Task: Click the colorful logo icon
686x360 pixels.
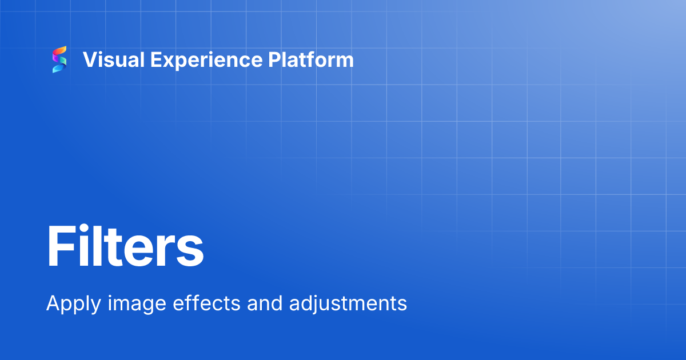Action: [59, 59]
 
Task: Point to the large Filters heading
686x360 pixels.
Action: [125, 247]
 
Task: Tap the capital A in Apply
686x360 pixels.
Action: [53, 302]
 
